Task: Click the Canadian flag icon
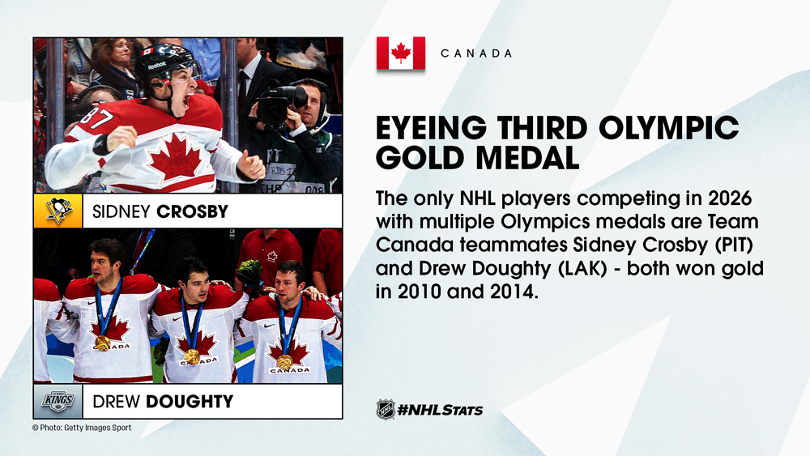401,53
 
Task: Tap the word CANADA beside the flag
476,53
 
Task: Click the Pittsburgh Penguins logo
58,211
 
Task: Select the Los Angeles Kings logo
58,401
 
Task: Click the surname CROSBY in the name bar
192,211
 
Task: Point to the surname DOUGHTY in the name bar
190,401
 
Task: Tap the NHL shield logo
386,410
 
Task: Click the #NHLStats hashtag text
440,410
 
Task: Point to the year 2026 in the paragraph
730,198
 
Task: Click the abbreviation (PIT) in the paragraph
734,245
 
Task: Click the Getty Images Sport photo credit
82,428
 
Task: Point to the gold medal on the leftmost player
103,343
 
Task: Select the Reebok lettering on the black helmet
157,65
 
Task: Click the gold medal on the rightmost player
284,361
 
